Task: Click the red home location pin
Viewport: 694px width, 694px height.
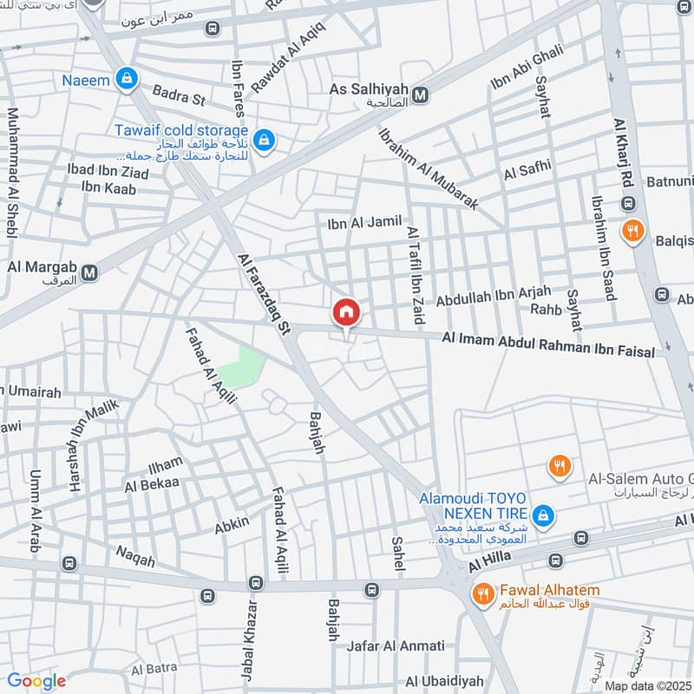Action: pos(346,312)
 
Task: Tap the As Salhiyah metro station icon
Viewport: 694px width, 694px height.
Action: pos(421,95)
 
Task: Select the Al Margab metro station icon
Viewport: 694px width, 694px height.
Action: pos(89,274)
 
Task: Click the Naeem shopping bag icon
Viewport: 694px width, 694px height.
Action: pos(128,79)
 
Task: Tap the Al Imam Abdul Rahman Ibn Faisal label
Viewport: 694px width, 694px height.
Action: pos(554,344)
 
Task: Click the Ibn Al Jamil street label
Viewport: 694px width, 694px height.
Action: pos(364,223)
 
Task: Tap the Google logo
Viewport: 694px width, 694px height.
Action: pos(36,681)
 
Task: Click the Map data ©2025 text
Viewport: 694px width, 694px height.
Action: pos(647,685)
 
